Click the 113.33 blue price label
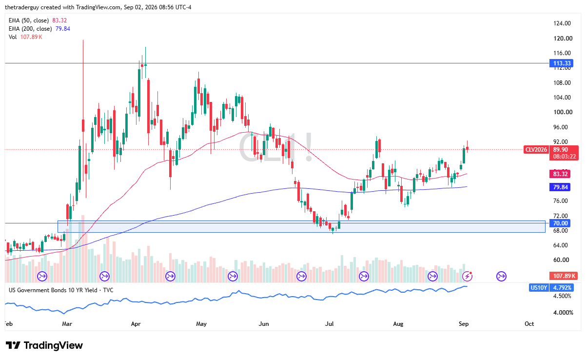click(x=562, y=63)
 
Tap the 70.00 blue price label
click(x=560, y=223)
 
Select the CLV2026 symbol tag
click(x=536, y=149)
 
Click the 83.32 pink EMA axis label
click(x=560, y=174)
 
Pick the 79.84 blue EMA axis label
click(x=560, y=187)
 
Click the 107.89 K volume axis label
click(x=564, y=276)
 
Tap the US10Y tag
click(x=539, y=288)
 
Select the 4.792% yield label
click(x=562, y=288)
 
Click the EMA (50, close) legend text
click(x=29, y=20)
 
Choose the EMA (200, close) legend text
click(x=30, y=29)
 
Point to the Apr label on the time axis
click(x=136, y=324)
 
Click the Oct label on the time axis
click(x=529, y=324)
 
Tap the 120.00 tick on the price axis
click(x=563, y=39)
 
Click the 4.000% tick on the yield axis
click(x=563, y=313)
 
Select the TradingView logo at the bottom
click(x=44, y=345)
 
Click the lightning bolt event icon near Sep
click(x=467, y=276)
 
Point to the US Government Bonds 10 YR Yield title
click(x=53, y=290)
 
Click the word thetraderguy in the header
click(x=22, y=7)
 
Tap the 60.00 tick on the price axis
click(x=561, y=260)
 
